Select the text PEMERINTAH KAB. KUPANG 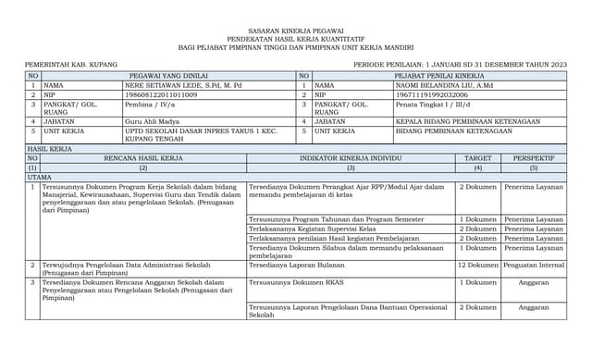click(x=66, y=63)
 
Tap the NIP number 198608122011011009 click(x=160, y=94)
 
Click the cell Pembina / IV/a click(x=150, y=105)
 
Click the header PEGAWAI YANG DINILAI click(x=167, y=74)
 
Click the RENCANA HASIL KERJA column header click(x=143, y=158)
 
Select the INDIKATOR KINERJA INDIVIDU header click(x=351, y=158)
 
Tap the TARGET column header click(x=477, y=158)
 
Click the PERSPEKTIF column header click(x=534, y=158)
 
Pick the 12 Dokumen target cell click(x=477, y=265)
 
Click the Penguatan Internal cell click(x=534, y=265)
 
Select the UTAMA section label click(x=40, y=177)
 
